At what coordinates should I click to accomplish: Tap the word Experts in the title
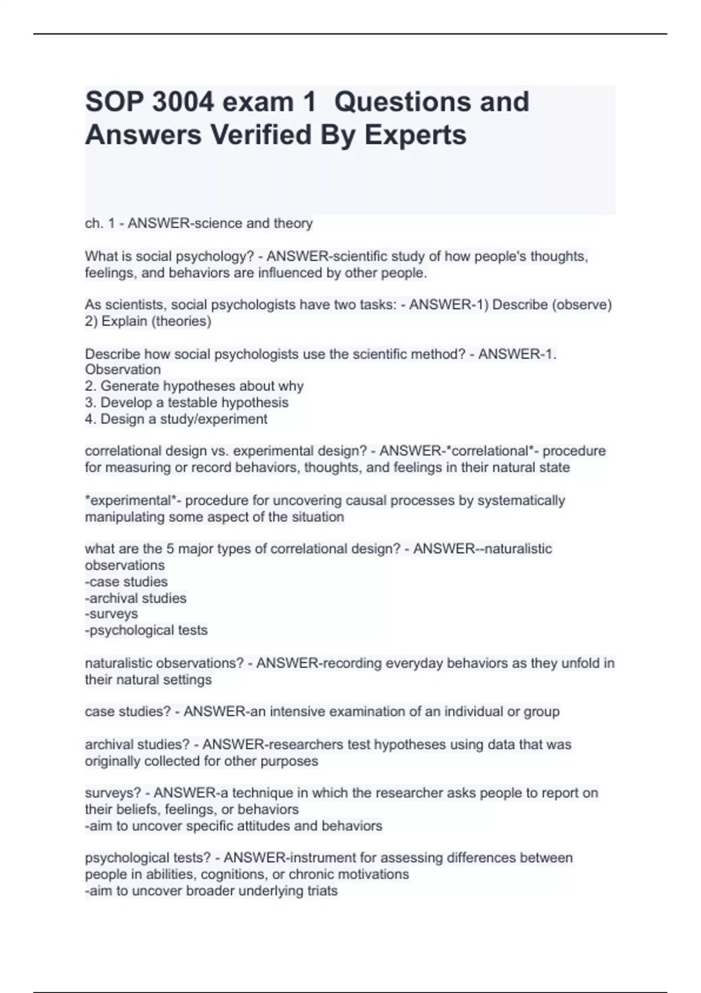[415, 135]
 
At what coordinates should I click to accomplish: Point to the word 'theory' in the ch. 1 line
[296, 223]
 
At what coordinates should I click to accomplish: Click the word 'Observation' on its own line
[123, 370]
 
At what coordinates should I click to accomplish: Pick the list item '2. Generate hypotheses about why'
[194, 386]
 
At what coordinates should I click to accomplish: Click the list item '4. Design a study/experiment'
[176, 419]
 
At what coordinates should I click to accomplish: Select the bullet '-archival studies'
[136, 598]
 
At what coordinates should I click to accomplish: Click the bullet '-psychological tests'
[146, 630]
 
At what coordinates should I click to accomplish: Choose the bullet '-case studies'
[126, 582]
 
